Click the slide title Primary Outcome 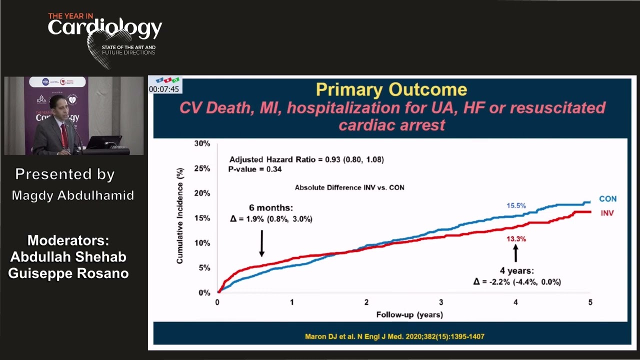coord(391,89)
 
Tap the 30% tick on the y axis coord(202,144)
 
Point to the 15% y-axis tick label coord(202,218)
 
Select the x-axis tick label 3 coord(441,302)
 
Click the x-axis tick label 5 coord(590,302)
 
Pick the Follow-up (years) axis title coord(409,315)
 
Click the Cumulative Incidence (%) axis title coord(180,216)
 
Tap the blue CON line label coord(607,199)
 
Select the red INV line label coord(607,213)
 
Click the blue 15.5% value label coord(516,206)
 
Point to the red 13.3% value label coord(516,239)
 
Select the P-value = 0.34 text coord(255,169)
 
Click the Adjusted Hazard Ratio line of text coord(306,159)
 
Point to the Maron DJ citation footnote coord(394,336)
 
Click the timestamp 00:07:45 coord(164,89)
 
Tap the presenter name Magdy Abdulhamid coord(73,195)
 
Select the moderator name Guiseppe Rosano coord(68,274)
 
